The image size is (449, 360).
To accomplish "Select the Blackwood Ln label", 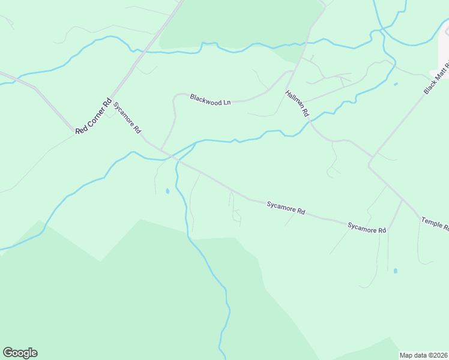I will (210, 100).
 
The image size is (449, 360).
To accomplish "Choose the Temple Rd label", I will (435, 224).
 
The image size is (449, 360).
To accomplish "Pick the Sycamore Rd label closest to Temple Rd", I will (367, 227).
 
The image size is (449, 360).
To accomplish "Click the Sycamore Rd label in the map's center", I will (286, 208).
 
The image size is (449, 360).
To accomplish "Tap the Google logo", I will (20, 353).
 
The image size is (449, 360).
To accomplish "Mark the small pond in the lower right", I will (395, 271).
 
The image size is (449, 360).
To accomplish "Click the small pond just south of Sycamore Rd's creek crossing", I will (167, 191).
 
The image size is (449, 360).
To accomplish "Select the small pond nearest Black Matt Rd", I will (396, 84).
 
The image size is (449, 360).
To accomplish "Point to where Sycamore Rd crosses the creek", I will (176, 159).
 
